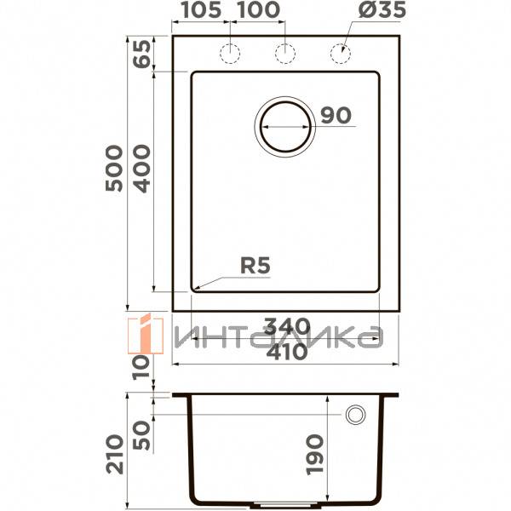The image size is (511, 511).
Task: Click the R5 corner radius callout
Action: click(253, 266)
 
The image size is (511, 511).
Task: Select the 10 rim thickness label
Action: click(141, 367)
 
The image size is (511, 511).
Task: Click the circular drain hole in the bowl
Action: click(284, 126)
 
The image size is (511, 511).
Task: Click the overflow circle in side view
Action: click(354, 415)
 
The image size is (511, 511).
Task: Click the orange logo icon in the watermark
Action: click(146, 333)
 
